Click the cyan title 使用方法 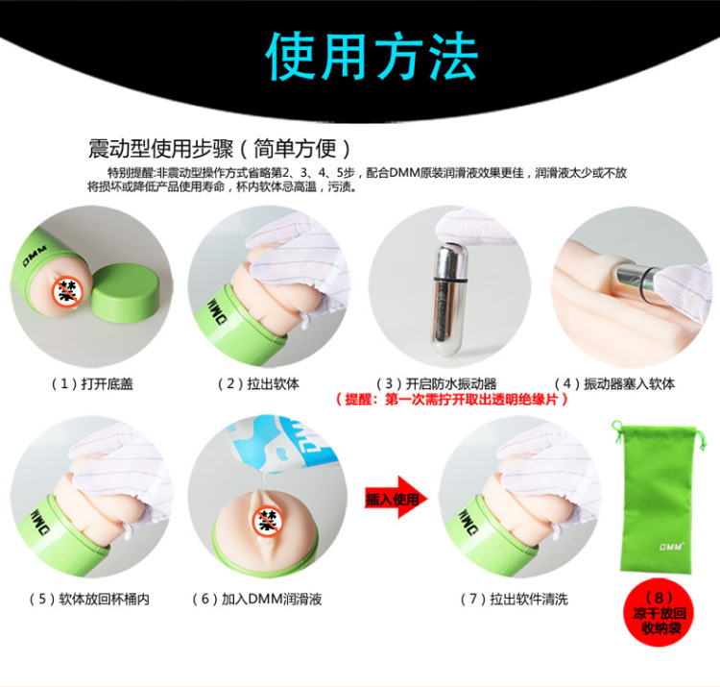click(372, 57)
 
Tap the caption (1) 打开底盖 click(92, 383)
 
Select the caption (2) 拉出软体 click(258, 383)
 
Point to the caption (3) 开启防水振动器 click(436, 383)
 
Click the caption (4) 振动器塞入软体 click(614, 383)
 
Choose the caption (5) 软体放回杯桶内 click(89, 600)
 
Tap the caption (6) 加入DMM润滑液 click(257, 600)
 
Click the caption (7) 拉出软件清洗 click(515, 600)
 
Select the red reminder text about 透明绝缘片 click(452, 400)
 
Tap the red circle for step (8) click(660, 613)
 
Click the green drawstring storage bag click(657, 499)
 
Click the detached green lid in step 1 click(126, 292)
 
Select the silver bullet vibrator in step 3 click(447, 300)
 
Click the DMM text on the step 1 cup click(35, 256)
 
